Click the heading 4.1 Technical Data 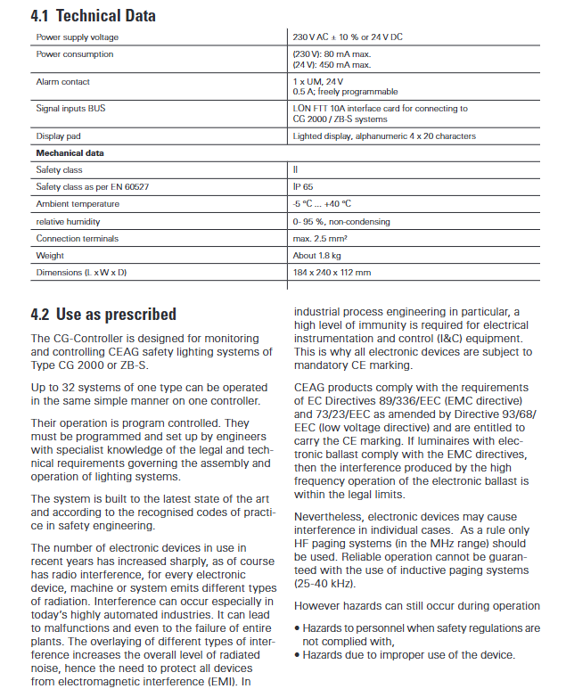[93, 15]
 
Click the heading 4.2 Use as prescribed [103, 314]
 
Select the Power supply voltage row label [77, 37]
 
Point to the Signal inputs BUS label [72, 109]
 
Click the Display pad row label [59, 136]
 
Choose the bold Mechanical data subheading [70, 152]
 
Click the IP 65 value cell [303, 186]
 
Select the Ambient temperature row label [78, 203]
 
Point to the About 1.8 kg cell [317, 255]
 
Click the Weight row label [50, 255]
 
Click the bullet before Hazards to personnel [297, 628]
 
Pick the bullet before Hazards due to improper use [297, 655]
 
